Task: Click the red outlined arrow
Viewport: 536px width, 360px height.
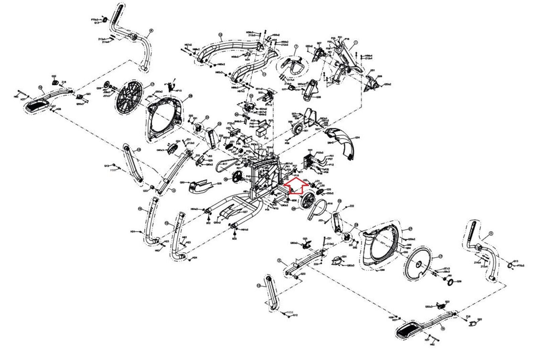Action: [x=293, y=185]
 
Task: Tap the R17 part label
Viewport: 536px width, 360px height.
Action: [x=225, y=164]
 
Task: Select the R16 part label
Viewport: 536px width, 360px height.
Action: [x=330, y=203]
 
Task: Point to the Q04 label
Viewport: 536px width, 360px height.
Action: [x=357, y=138]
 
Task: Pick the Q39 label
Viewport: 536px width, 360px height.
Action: [x=459, y=281]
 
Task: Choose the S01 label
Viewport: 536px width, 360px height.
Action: [x=306, y=131]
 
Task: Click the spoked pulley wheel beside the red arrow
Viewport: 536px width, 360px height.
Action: [x=308, y=201]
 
